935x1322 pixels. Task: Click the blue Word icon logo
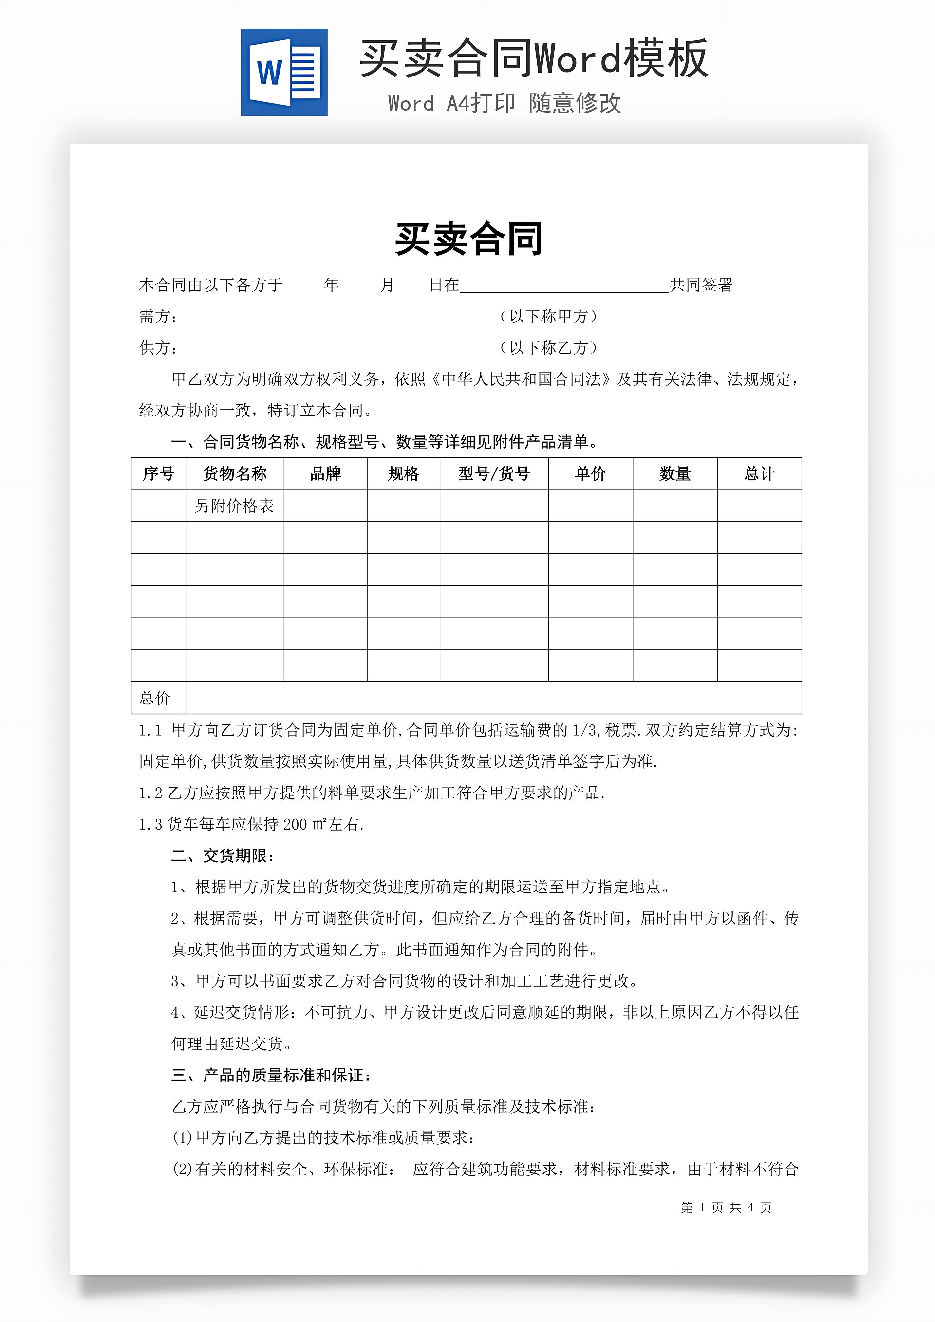tap(284, 73)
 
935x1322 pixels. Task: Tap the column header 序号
tap(158, 474)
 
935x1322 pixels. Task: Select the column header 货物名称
tap(234, 474)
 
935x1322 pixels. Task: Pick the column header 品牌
tap(325, 474)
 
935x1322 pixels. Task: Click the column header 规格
tap(403, 474)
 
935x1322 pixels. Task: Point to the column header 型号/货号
tap(493, 474)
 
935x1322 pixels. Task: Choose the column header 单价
tap(590, 474)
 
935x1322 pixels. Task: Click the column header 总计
tap(759, 474)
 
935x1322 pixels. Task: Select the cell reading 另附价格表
tap(234, 506)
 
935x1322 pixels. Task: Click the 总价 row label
tap(155, 698)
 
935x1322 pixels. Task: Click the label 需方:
tap(158, 317)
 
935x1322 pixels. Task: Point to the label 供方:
tap(158, 348)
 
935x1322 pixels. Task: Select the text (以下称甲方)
tap(548, 316)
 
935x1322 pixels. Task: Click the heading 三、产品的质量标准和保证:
tap(271, 1075)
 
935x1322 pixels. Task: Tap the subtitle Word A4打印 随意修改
tap(505, 104)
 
